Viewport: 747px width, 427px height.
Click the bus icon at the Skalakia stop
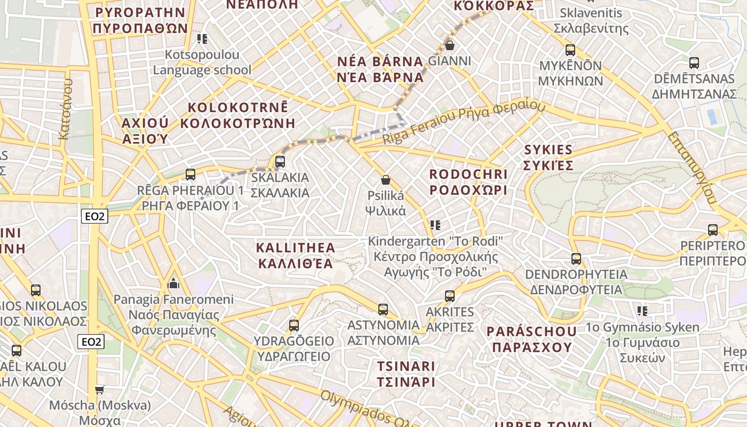pos(280,161)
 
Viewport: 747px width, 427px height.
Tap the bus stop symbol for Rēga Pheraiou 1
pos(190,174)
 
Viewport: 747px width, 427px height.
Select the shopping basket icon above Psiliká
pos(386,180)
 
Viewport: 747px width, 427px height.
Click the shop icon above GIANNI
pos(450,45)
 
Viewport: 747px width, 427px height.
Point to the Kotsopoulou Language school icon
pos(202,38)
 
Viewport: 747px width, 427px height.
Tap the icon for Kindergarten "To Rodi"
pos(435,225)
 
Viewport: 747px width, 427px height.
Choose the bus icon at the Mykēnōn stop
pos(570,50)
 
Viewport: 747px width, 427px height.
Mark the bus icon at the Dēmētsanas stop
pos(694,63)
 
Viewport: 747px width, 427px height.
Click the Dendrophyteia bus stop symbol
pos(576,259)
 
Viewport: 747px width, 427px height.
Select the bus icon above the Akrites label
pos(450,296)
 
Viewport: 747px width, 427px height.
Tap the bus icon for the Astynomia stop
pos(383,309)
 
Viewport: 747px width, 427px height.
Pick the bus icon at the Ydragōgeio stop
pos(293,325)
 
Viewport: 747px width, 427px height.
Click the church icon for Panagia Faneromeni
pos(173,283)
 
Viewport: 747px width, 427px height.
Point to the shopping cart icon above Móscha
pos(99,390)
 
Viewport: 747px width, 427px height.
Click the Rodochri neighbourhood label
pos(468,182)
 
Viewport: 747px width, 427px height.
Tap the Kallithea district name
pos(296,255)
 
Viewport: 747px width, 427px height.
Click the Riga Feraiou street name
pos(463,124)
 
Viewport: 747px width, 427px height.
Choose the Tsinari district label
pos(406,374)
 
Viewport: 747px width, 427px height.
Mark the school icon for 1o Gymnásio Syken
pos(642,311)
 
